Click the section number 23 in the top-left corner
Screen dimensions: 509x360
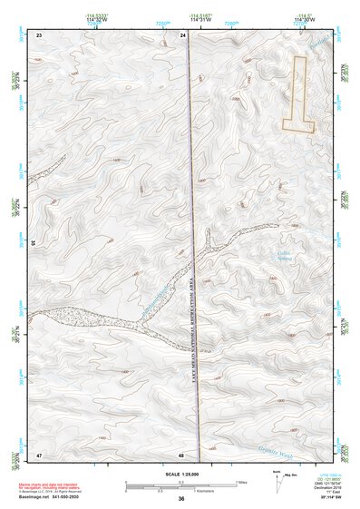tap(39, 34)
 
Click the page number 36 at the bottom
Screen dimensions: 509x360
tap(181, 500)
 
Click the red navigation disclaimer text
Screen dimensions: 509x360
tap(51, 487)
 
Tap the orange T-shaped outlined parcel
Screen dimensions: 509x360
tap(299, 100)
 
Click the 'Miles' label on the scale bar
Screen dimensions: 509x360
tap(240, 481)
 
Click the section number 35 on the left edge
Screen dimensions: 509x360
tap(33, 243)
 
